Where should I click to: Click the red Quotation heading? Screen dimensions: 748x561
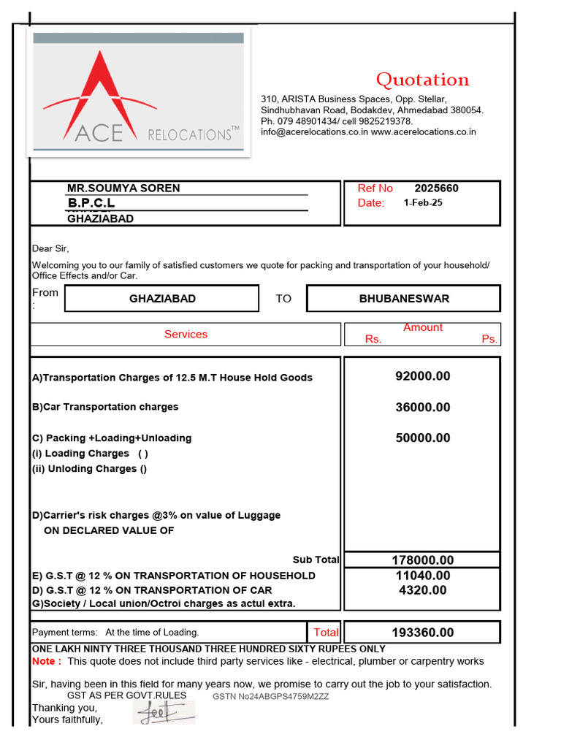(422, 80)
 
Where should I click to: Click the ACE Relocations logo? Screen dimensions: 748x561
(139, 93)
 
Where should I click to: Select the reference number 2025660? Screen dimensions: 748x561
(436, 188)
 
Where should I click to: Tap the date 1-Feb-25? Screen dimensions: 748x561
(423, 203)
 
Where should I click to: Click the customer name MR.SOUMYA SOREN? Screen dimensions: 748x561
(123, 188)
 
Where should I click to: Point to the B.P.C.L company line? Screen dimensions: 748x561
(91, 203)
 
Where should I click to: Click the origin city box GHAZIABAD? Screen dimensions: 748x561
(162, 299)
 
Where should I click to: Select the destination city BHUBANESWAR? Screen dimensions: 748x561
(404, 299)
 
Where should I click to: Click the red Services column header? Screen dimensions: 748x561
(186, 335)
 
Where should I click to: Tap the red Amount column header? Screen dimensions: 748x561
(423, 328)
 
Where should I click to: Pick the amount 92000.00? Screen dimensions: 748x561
(423, 377)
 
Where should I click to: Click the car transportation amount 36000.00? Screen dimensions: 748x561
(423, 408)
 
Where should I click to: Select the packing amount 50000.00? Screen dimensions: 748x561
(423, 438)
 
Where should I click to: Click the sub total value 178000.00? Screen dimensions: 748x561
(423, 560)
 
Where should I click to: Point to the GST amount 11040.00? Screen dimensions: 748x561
(423, 576)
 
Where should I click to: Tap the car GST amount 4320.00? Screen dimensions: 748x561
(423, 590)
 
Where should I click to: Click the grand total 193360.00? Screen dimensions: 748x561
(423, 633)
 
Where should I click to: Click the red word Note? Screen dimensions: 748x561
(46, 661)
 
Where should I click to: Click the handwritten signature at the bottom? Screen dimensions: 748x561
(164, 711)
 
